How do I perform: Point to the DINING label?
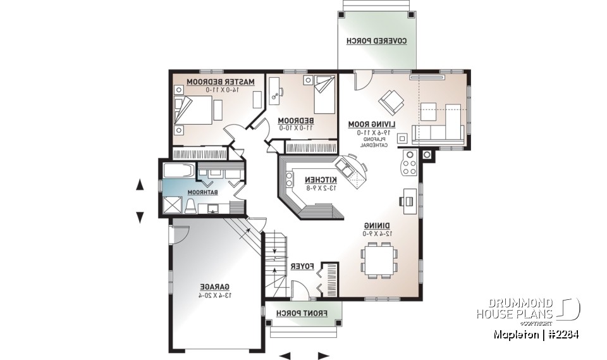click(x=377, y=225)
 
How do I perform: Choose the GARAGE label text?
click(x=214, y=286)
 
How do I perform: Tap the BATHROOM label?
click(x=202, y=192)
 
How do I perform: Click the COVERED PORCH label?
click(x=376, y=41)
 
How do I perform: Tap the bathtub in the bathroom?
click(x=179, y=171)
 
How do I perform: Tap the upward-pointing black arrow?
click(x=140, y=185)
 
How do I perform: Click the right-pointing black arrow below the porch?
click(x=324, y=355)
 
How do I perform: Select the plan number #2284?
click(x=561, y=335)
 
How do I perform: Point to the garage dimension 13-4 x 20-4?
click(x=214, y=295)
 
